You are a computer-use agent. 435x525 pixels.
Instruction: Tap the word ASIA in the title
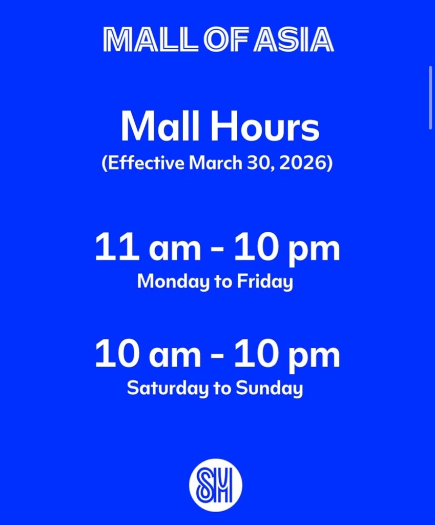[294, 40]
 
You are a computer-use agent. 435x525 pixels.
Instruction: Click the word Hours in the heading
[265, 127]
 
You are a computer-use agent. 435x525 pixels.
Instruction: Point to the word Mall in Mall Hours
[160, 127]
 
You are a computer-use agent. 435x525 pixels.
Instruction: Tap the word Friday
[265, 281]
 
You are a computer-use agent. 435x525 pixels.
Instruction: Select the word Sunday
[269, 389]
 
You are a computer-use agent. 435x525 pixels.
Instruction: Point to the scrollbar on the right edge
[431, 98]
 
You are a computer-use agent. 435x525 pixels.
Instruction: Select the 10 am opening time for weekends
[148, 354]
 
